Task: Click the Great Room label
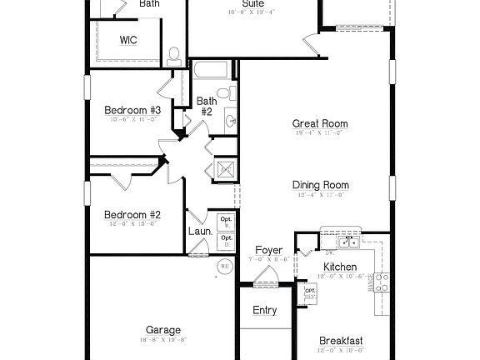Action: click(x=320, y=123)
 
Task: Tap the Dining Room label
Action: click(x=320, y=185)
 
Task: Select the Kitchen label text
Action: click(x=339, y=267)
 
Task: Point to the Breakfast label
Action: click(x=341, y=341)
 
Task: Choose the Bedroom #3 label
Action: click(x=132, y=111)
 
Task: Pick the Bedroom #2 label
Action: click(x=132, y=214)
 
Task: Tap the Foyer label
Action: click(x=268, y=250)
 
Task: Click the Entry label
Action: click(x=264, y=311)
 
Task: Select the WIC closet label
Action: click(x=128, y=39)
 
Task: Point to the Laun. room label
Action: click(x=199, y=232)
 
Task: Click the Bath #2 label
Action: click(x=206, y=107)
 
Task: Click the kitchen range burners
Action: click(x=382, y=282)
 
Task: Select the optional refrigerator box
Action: click(x=310, y=293)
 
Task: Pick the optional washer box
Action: click(x=226, y=222)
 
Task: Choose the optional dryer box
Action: click(x=226, y=241)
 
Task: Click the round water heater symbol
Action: click(x=224, y=267)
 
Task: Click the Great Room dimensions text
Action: click(x=320, y=133)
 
